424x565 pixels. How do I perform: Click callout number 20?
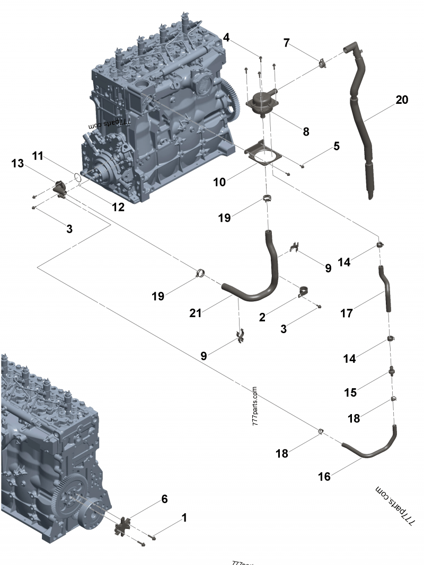click(402, 100)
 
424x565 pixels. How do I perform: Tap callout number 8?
click(306, 132)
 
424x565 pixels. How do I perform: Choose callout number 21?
click(196, 313)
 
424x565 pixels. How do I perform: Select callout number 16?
click(324, 477)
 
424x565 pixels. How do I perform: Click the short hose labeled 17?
click(385, 289)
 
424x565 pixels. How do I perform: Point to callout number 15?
click(350, 392)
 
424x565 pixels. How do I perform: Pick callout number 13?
click(17, 164)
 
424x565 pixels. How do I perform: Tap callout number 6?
click(164, 499)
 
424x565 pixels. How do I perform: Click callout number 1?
click(184, 517)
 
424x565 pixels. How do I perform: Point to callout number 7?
click(287, 42)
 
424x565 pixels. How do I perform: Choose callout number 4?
click(226, 38)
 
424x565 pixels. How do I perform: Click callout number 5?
click(336, 146)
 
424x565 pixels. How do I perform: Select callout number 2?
click(262, 317)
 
